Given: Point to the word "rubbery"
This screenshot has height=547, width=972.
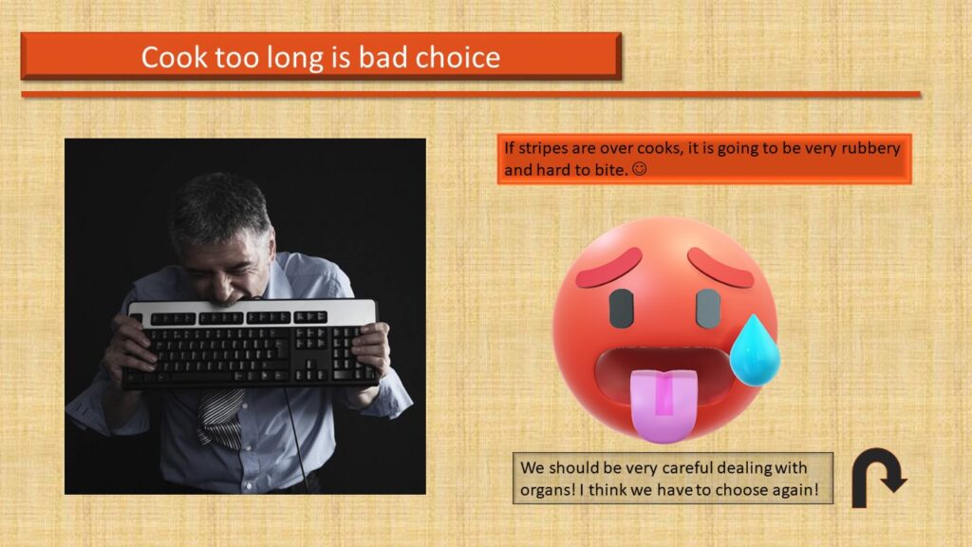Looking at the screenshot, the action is pyautogui.click(x=870, y=149).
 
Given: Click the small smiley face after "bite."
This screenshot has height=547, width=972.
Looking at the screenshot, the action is pyautogui.click(x=639, y=169).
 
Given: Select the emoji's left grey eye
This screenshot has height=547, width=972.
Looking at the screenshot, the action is pyautogui.click(x=621, y=309).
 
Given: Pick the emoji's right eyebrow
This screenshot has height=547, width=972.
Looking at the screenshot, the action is pyautogui.click(x=721, y=267).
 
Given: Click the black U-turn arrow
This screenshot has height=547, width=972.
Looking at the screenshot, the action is pyautogui.click(x=875, y=477).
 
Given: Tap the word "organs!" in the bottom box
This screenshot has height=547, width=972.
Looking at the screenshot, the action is pyautogui.click(x=548, y=490).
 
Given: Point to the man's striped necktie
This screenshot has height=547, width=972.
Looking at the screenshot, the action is pyautogui.click(x=220, y=419).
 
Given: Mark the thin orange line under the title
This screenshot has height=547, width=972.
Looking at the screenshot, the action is pyautogui.click(x=471, y=94).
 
